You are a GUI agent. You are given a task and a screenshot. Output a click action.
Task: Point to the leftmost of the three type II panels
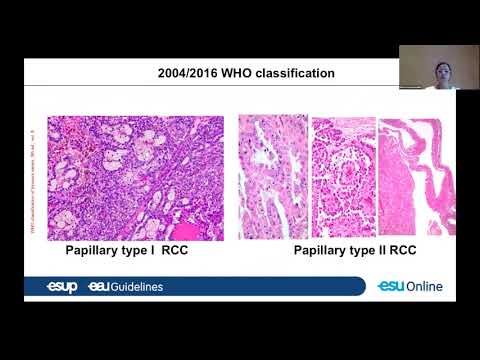(273, 175)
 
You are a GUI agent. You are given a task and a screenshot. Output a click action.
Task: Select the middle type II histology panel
(342, 175)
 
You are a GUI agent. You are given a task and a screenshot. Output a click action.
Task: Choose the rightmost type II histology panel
(402, 175)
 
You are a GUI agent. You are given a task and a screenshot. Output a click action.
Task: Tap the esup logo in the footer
(61, 287)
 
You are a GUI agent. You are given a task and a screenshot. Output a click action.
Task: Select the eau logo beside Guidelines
(97, 287)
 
